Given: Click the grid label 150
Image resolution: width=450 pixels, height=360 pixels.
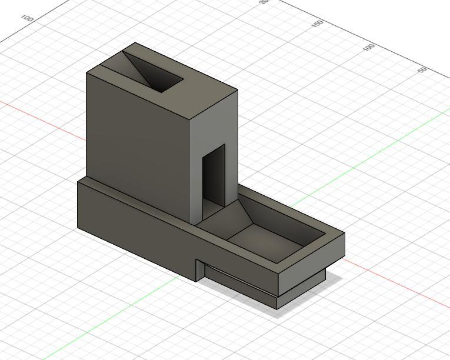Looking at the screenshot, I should point(318,24).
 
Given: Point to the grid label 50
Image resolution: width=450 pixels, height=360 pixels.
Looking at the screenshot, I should point(422,70).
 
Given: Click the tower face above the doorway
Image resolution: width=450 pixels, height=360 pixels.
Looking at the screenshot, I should point(214,124).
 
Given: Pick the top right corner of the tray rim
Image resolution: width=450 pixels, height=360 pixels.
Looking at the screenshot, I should point(344,234).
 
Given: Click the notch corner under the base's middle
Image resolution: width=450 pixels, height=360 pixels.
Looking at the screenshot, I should point(196,261).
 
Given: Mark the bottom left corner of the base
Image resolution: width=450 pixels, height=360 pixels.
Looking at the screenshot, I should point(78,228).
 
